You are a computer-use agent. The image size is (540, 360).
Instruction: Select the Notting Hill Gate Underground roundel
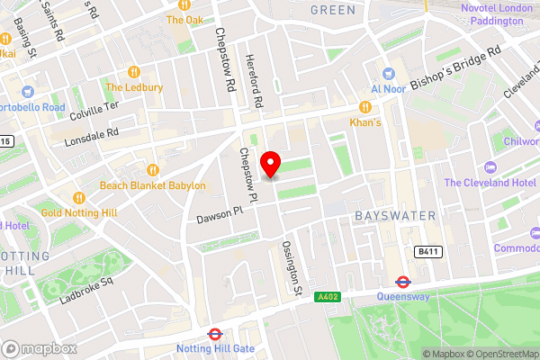[x=215, y=334]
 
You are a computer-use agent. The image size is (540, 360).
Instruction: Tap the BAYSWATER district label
[x=394, y=216]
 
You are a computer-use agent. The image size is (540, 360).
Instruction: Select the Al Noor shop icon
[x=388, y=74]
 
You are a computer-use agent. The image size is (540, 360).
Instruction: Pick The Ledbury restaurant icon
[x=134, y=71]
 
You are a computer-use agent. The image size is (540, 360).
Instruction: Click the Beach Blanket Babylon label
[x=152, y=185]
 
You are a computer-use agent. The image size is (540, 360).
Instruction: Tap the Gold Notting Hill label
[x=78, y=212]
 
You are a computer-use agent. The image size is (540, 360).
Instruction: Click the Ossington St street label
[x=291, y=267]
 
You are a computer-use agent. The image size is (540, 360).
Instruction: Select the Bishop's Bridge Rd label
[x=455, y=71]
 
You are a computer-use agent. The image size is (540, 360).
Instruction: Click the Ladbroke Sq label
[x=86, y=289]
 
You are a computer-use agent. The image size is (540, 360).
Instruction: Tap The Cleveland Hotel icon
[x=490, y=166]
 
